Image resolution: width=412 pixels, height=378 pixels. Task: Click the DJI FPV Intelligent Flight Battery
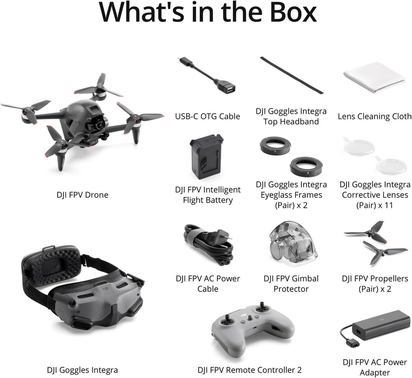[206, 158]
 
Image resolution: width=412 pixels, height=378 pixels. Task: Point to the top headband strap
[291, 75]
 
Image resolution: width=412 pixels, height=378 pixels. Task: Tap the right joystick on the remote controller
[261, 307]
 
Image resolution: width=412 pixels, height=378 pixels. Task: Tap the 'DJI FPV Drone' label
[82, 195]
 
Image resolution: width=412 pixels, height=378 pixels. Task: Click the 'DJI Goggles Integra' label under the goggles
[82, 370]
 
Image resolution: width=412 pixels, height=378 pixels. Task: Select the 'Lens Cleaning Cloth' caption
[375, 117]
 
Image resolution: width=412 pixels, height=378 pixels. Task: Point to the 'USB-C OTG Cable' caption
[208, 117]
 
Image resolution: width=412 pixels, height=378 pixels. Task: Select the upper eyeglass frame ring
[275, 146]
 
